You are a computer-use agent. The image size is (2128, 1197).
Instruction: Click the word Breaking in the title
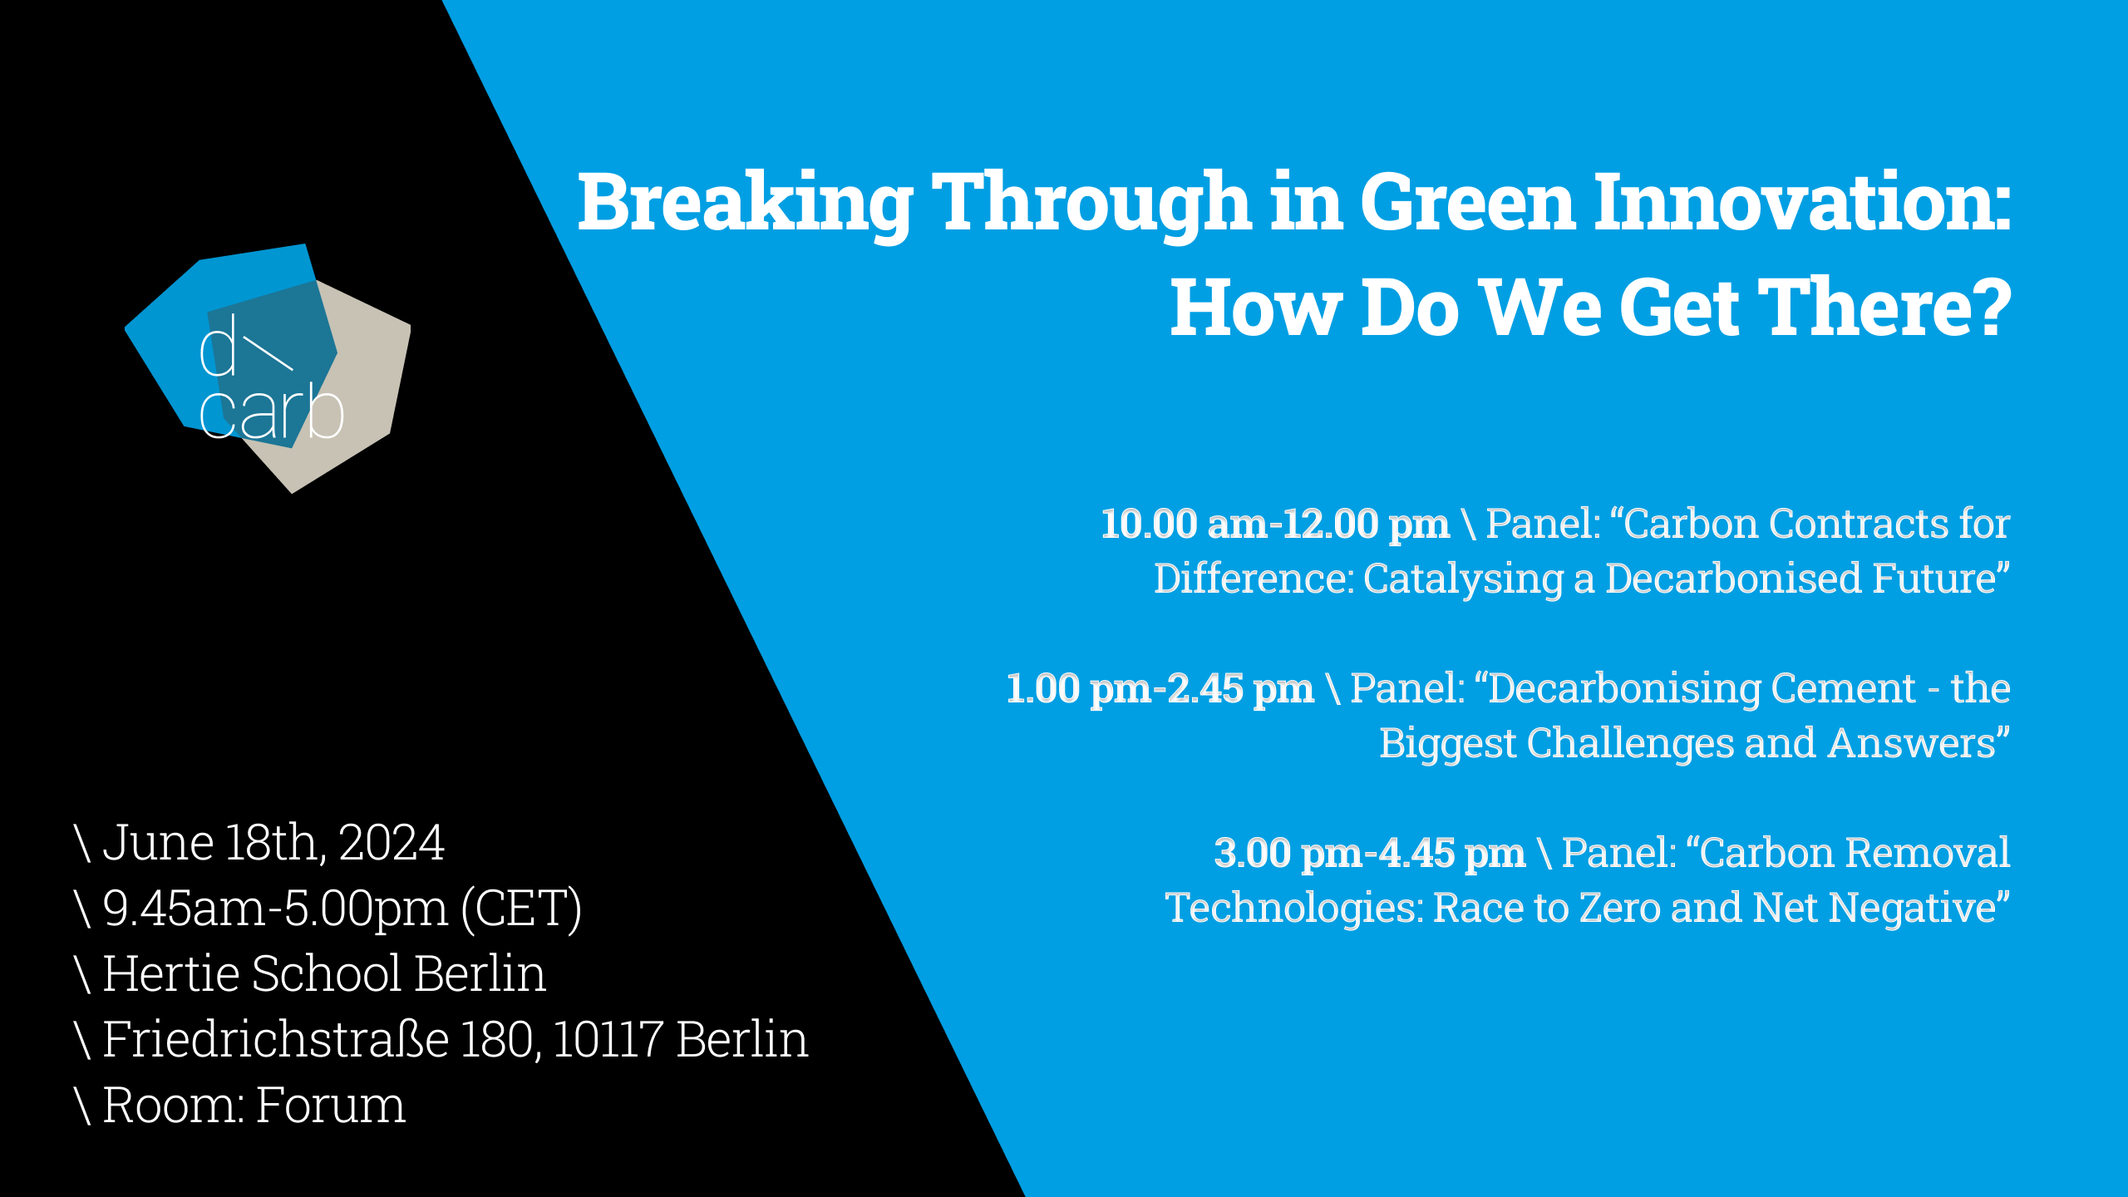746,204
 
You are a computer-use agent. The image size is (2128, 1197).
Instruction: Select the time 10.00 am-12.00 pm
1275,525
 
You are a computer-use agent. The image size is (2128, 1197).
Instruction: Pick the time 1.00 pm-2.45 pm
1160,689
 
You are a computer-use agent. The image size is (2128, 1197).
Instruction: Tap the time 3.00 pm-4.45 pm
1370,854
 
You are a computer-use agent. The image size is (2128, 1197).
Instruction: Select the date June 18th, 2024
273,843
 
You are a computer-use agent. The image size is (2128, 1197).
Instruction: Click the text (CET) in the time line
522,909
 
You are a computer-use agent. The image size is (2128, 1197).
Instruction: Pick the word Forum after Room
330,1106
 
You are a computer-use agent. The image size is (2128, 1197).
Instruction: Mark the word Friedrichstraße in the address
276,1039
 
